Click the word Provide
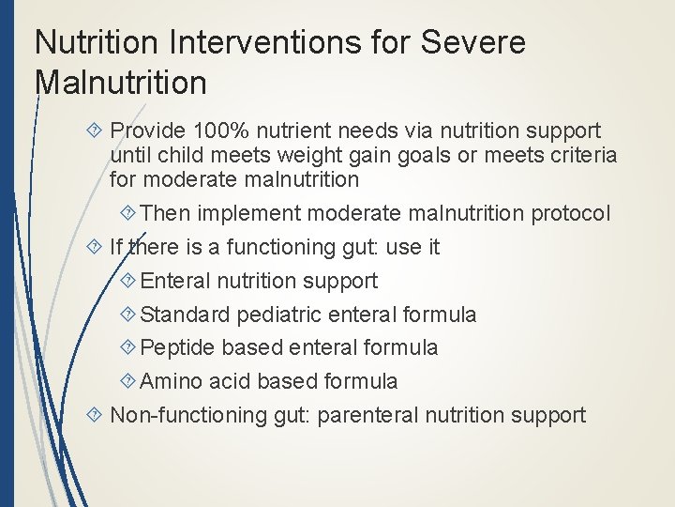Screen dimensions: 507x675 click(x=150, y=131)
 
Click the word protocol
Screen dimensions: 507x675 click(x=571, y=213)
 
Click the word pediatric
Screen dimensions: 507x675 click(x=282, y=315)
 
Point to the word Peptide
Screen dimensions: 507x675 click(x=179, y=347)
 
